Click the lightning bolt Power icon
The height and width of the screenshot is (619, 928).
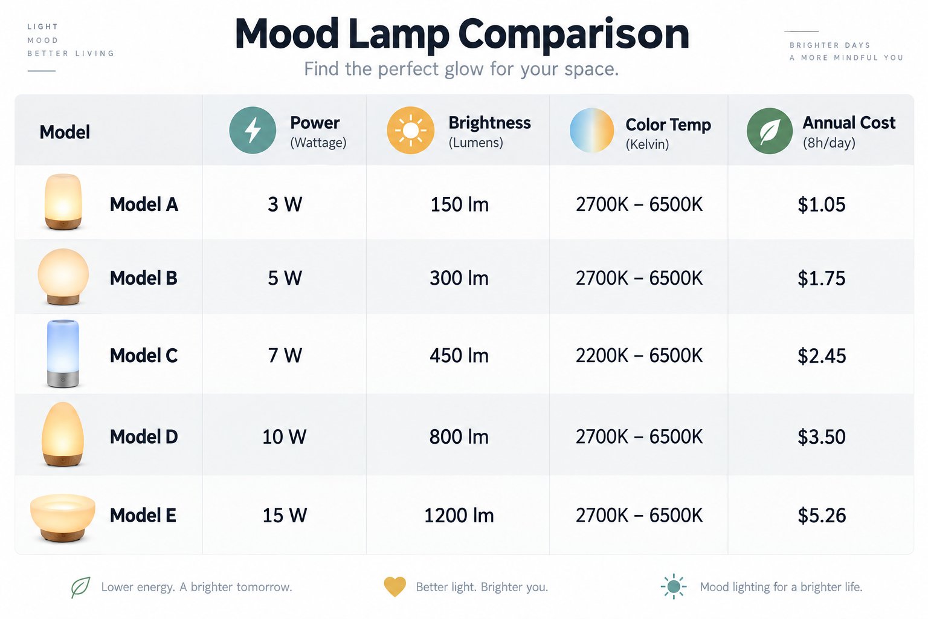coord(253,130)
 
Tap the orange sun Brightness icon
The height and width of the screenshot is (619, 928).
coord(410,130)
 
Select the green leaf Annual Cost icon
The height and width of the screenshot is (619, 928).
coord(769,131)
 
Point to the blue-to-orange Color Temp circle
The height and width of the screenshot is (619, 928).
coord(591,130)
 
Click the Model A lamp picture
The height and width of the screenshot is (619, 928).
coord(63,202)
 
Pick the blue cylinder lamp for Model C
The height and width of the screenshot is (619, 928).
coord(63,354)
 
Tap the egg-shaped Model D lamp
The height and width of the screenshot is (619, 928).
coord(63,434)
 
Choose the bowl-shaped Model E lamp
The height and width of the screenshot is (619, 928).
coord(63,518)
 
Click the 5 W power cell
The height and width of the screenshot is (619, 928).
coord(285,278)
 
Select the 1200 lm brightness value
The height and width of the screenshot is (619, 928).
coord(459,516)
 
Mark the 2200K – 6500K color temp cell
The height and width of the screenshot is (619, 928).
coord(639,355)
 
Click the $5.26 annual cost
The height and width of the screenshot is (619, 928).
coord(822,516)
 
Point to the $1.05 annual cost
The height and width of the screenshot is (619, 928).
coord(822,204)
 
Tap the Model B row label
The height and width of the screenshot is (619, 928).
coord(143,278)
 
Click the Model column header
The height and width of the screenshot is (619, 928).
coord(65,132)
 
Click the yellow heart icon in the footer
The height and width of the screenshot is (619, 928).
coord(395,587)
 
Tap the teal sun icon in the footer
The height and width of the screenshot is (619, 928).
coord(674,587)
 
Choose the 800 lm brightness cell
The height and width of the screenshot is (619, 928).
coord(459,436)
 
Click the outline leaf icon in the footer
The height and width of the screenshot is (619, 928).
coord(80,587)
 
